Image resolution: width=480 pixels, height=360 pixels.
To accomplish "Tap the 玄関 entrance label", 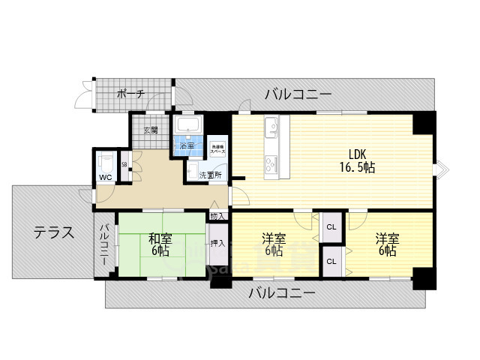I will tap(151, 130).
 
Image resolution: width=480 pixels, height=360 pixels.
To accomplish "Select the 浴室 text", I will tap(186, 145).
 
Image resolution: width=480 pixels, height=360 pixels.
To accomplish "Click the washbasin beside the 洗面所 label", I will tap(193, 172).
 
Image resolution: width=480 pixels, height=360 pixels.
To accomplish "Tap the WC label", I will tap(105, 178).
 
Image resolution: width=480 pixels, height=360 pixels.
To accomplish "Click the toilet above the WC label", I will tap(106, 161).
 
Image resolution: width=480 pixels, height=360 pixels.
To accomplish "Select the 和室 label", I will tap(159, 238).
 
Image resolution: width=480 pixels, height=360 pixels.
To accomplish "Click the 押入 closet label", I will tap(217, 243).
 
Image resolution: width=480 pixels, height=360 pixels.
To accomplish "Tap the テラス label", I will tap(52, 232).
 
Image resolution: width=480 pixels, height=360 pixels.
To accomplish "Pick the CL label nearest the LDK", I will tap(331, 225).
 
